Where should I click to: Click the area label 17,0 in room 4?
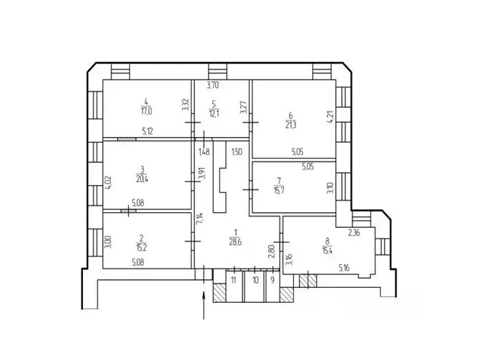pyautogui.click(x=146, y=111)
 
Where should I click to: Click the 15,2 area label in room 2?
pyautogui.click(x=142, y=249)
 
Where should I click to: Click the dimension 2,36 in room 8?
pyautogui.click(x=355, y=232)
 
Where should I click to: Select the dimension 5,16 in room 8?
pyautogui.click(x=345, y=269)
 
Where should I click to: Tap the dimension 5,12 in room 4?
pyautogui.click(x=148, y=131)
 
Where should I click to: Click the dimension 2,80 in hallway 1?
pyautogui.click(x=272, y=249)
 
